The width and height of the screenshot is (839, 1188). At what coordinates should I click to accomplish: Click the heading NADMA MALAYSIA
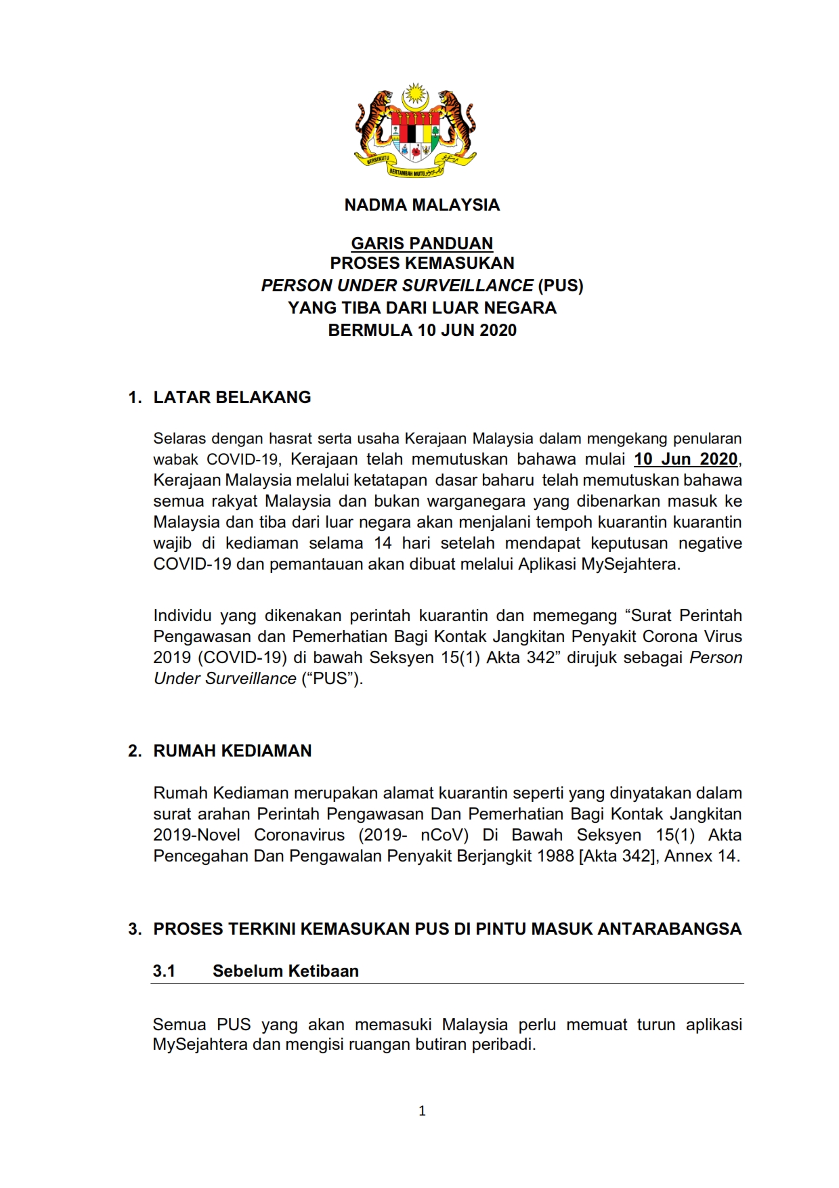tap(422, 205)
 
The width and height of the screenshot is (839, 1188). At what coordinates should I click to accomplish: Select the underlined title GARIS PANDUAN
tap(422, 243)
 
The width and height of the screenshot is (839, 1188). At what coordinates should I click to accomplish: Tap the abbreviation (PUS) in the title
tap(561, 285)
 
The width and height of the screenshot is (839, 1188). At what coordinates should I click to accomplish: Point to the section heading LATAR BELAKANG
tap(232, 398)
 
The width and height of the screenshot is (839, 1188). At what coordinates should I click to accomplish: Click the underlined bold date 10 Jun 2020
tap(685, 459)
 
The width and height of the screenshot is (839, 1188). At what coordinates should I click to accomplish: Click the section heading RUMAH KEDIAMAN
tap(232, 751)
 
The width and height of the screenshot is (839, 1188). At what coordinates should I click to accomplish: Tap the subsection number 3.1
tap(164, 971)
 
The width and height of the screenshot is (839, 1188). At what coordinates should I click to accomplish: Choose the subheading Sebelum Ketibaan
tap(286, 971)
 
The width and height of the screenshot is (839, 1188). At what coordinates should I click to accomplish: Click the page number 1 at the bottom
tap(423, 1111)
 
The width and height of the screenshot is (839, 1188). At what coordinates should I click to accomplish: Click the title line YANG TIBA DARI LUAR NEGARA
tap(422, 308)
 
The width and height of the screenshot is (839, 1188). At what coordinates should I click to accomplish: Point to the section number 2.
tap(135, 751)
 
